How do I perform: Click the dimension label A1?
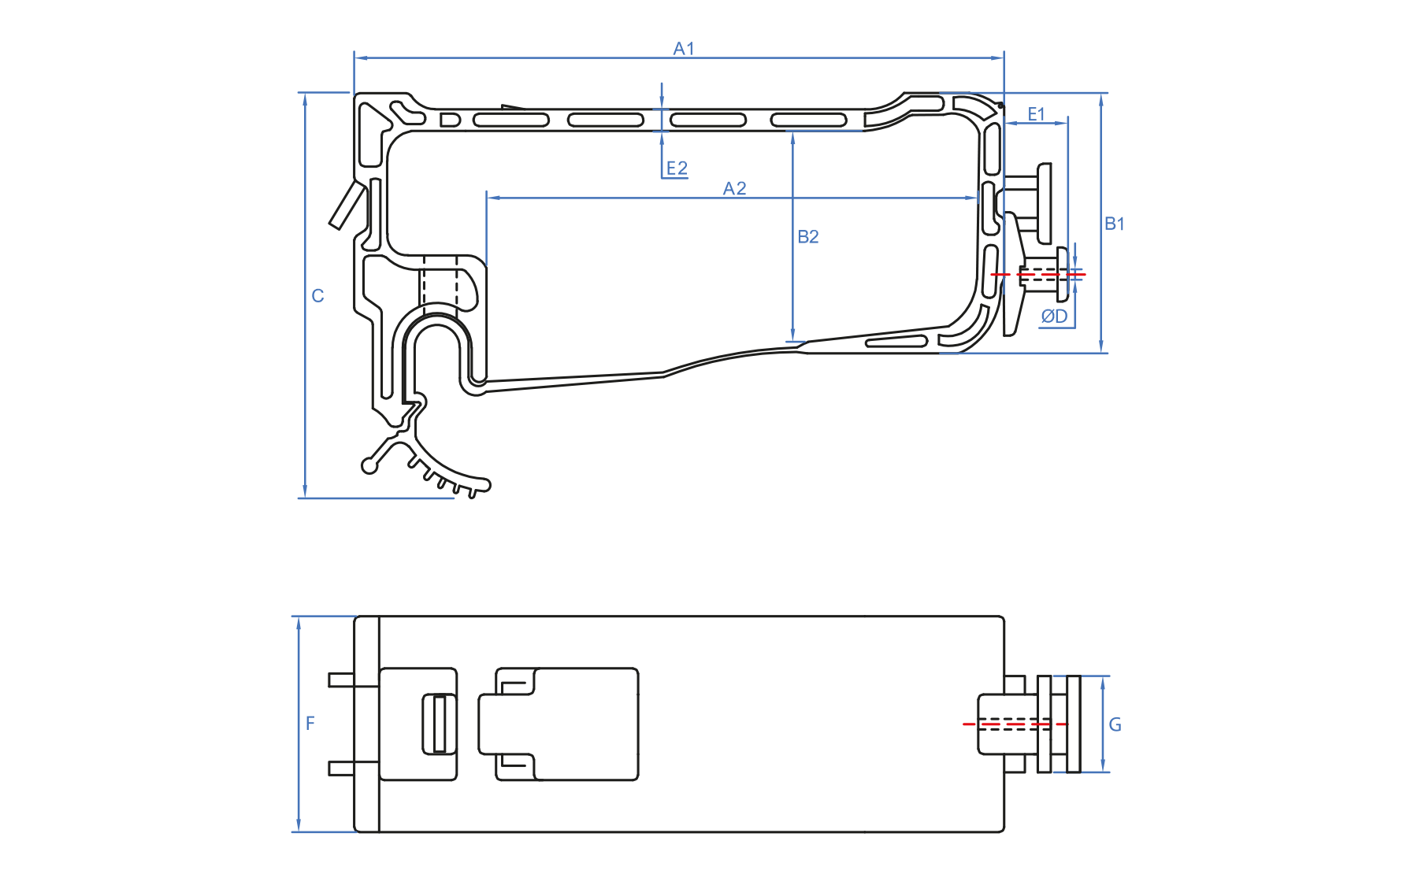684,49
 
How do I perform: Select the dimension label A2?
734,188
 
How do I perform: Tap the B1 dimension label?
1114,224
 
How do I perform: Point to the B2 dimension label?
808,236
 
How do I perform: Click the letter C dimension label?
317,296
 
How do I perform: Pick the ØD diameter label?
1054,317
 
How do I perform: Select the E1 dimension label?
1036,114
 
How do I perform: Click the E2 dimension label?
677,169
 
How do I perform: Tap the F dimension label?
310,723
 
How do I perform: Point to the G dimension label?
1115,724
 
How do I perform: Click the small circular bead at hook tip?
369,466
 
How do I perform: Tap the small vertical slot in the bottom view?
440,724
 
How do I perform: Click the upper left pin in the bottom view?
342,679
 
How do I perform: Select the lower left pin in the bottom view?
342,768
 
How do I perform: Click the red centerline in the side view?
1037,274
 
